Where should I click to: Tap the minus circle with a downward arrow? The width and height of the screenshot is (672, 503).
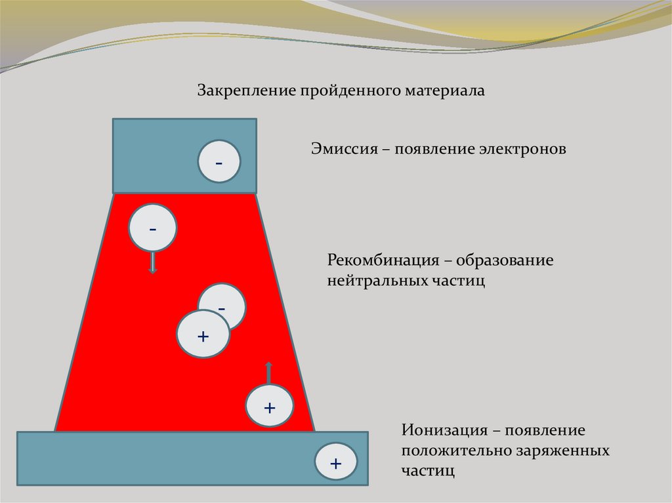[153, 228]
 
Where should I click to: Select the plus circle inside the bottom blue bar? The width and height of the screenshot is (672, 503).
[336, 463]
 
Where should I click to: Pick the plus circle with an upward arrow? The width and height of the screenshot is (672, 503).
[268, 407]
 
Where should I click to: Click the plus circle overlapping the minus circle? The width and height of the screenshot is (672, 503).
[203, 336]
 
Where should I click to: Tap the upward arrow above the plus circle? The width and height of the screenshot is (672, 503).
[268, 371]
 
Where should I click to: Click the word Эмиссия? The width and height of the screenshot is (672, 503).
[341, 149]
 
